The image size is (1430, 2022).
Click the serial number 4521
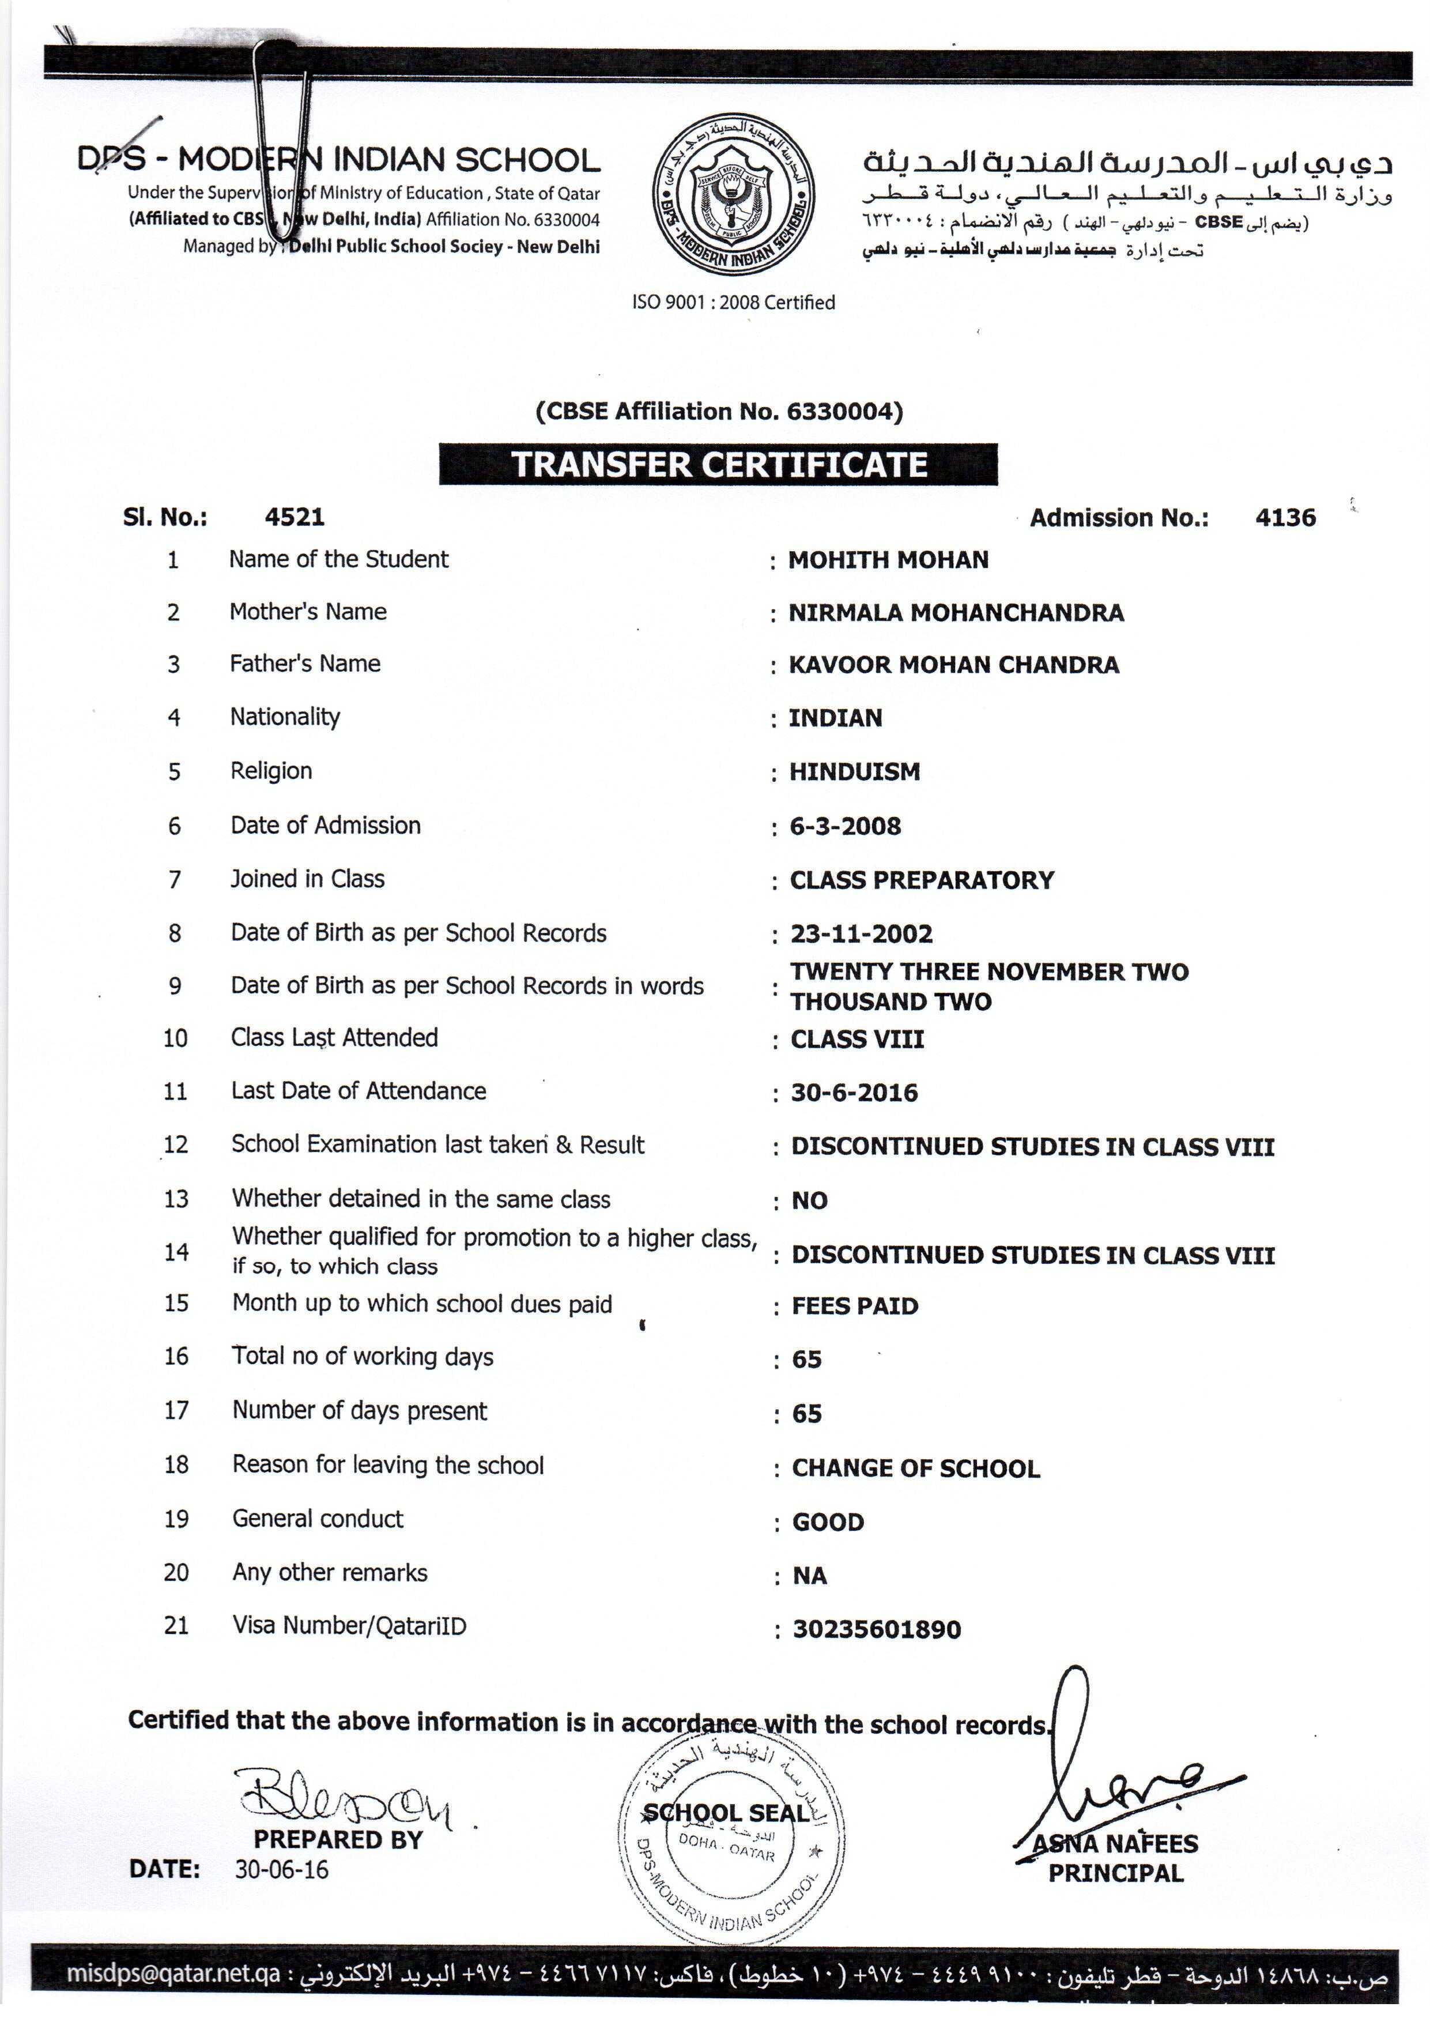[294, 517]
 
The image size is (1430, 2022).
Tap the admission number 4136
[1285, 517]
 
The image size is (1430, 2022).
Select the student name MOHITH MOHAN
[888, 560]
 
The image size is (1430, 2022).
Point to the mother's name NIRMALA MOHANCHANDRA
[956, 613]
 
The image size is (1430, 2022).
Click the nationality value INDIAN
[835, 718]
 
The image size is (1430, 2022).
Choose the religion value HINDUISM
[854, 773]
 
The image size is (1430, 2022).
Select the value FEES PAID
[854, 1306]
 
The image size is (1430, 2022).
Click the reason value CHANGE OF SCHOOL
[916, 1468]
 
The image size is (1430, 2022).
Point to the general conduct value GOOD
[828, 1522]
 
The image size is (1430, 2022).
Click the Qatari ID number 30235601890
[876, 1629]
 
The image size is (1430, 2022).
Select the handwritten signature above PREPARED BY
[344, 1797]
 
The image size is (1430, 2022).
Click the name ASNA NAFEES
[1115, 1843]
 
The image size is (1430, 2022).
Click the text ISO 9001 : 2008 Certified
[733, 302]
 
